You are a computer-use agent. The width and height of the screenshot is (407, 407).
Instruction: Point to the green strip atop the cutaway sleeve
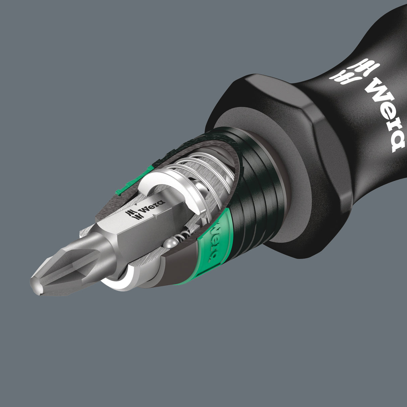point(134,183)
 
